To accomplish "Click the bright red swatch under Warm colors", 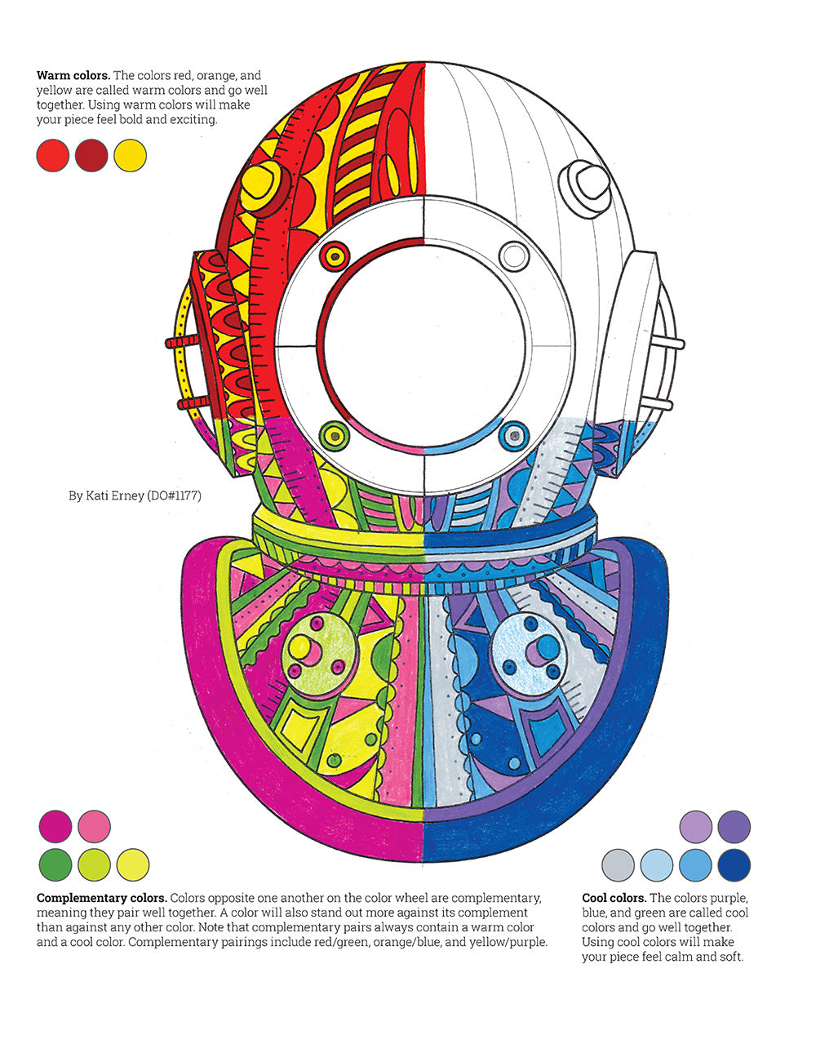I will pos(52,155).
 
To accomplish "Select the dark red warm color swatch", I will pos(91,155).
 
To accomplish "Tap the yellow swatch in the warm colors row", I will pos(131,155).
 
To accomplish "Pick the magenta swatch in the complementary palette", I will pos(55,825).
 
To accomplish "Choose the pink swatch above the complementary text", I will pos(94,825).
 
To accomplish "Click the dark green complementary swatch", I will pos(55,864).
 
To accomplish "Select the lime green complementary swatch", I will pos(94,864).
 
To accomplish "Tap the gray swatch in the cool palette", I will pos(618,864).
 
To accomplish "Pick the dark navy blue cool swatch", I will pos(734,864).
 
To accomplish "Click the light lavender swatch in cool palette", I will pos(695,826).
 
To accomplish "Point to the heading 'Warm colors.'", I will pos(73,76).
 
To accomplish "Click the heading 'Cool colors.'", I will pos(614,898).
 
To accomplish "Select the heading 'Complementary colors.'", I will pos(101,898).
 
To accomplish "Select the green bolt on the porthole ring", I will pos(333,434).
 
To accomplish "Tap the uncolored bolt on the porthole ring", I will pos(514,256).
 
